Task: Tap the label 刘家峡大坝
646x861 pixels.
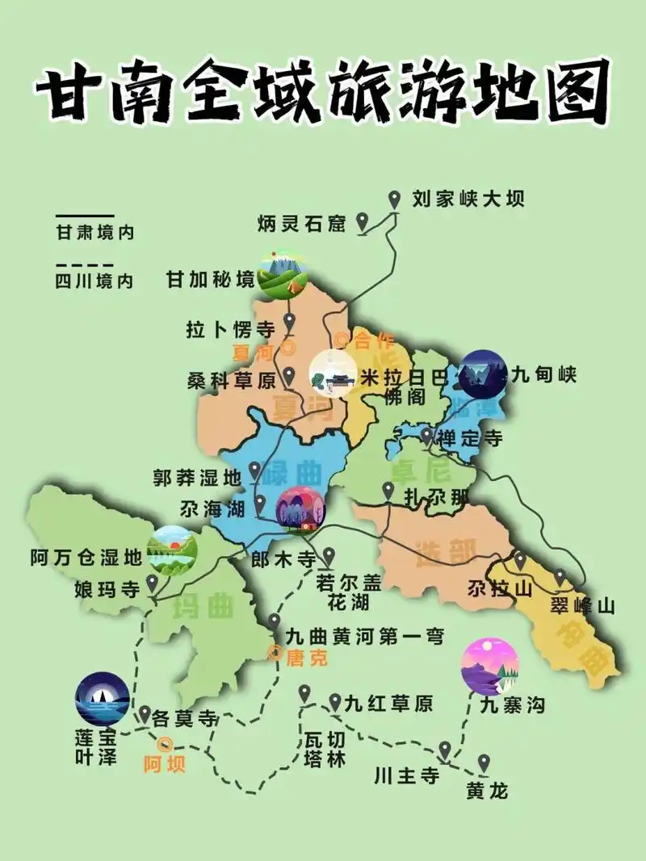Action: (468, 199)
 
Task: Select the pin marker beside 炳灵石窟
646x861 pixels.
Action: (363, 220)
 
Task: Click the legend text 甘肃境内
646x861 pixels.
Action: (94, 233)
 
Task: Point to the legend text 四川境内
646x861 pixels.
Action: (94, 281)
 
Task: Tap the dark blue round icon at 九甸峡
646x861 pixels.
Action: (483, 374)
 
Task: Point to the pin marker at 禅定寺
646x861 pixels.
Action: (426, 436)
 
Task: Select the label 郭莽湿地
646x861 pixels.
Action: (197, 478)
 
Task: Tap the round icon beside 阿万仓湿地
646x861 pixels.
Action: (172, 550)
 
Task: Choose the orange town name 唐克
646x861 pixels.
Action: (308, 658)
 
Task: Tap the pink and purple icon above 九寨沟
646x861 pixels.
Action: (489, 666)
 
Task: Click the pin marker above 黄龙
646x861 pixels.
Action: (484, 762)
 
